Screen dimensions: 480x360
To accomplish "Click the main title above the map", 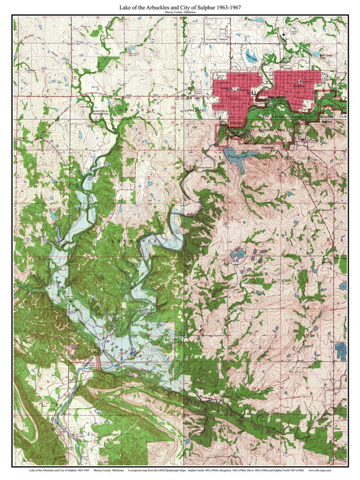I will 180,7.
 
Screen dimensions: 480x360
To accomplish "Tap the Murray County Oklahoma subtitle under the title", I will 180,13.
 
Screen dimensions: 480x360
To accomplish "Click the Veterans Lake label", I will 238,155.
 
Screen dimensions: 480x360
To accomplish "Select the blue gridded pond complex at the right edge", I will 342,351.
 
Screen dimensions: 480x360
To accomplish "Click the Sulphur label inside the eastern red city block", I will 298,86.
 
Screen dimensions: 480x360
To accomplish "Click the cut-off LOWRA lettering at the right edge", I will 317,241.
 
